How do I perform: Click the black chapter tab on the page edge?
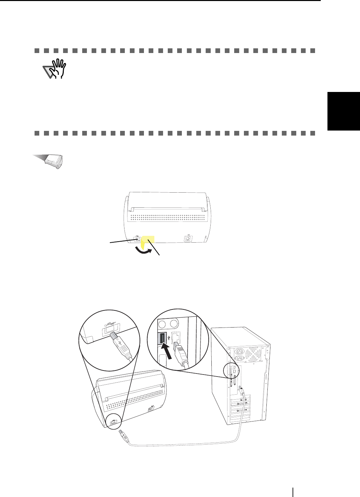pyautogui.click(x=344, y=111)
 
